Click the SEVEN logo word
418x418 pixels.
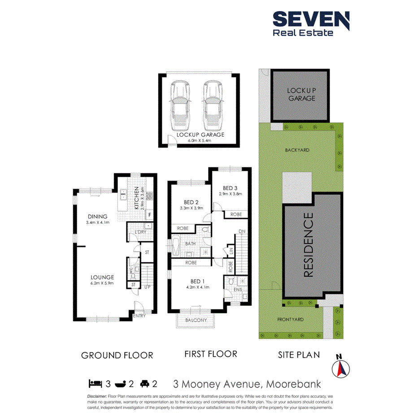click(311, 19)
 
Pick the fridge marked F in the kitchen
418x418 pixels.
click(149, 215)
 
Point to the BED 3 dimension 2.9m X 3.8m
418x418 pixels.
click(231, 194)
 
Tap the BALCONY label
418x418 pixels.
click(196, 320)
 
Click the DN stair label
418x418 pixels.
click(242, 231)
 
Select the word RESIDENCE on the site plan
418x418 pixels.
click(309, 245)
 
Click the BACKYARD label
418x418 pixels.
click(297, 150)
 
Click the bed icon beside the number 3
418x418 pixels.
click(95, 383)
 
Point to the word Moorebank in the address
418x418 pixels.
click(294, 384)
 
